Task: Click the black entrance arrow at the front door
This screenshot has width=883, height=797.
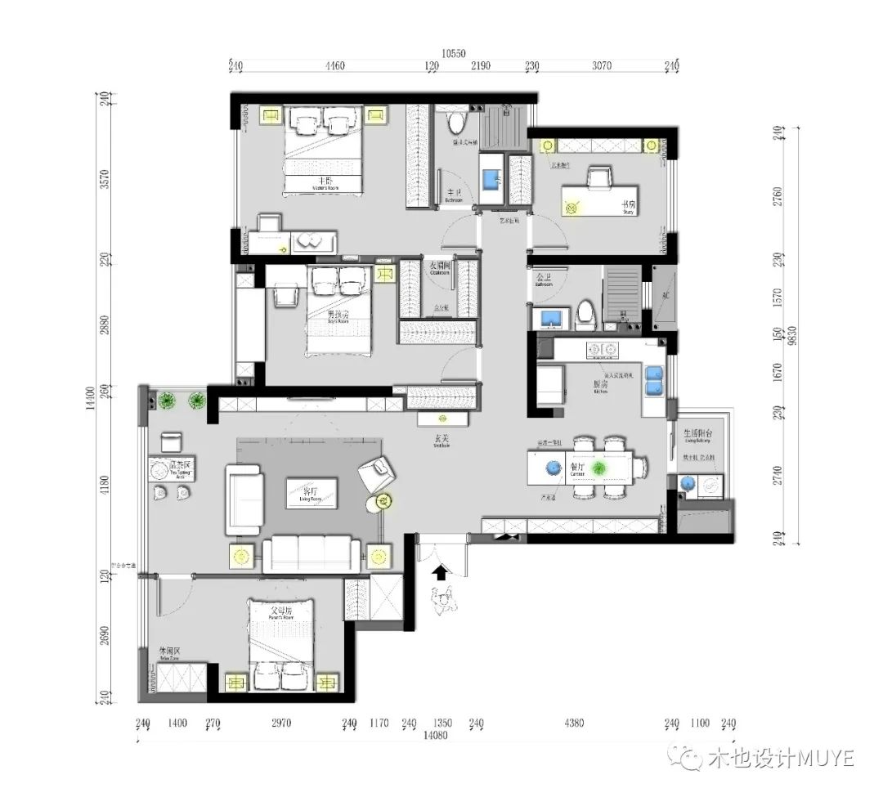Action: coord(440,572)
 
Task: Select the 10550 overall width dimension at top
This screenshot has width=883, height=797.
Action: coord(454,53)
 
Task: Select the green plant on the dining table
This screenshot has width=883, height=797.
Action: coord(599,468)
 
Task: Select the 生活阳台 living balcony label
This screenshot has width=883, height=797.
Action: coord(698,434)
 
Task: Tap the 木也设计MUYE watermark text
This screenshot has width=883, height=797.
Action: coord(780,759)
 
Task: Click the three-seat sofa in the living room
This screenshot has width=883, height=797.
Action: coord(307,553)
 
